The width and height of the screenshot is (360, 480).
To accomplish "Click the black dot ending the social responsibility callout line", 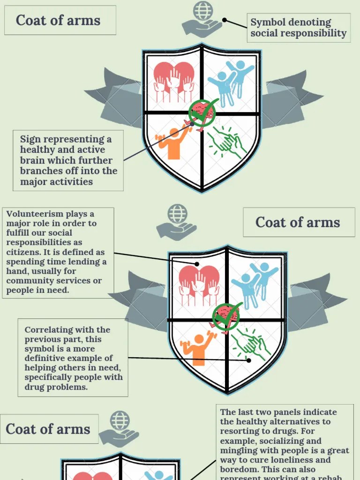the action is [225, 20].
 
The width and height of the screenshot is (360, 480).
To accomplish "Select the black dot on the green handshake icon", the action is [249, 360].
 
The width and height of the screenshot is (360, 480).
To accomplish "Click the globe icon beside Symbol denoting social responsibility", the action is [202, 10].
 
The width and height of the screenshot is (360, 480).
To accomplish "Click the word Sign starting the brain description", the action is [30, 139].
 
